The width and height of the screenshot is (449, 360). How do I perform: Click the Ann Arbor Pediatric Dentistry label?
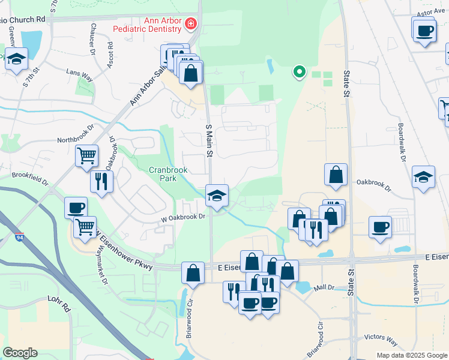pyautogui.click(x=162, y=25)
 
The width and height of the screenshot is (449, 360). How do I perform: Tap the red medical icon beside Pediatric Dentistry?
pyautogui.click(x=191, y=24)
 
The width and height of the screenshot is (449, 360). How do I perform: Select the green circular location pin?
pyautogui.click(x=299, y=72)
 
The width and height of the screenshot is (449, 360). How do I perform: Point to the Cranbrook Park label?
pyautogui.click(x=169, y=174)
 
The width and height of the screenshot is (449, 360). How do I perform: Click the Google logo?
pyautogui.click(x=20, y=353)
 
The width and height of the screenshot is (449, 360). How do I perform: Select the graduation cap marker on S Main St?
pyautogui.click(x=217, y=196)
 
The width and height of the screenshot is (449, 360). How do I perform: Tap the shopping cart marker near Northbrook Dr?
pyautogui.click(x=87, y=156)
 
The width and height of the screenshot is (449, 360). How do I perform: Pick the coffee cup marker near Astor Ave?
pyautogui.click(x=424, y=29)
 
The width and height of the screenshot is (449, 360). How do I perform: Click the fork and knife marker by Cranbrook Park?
pyautogui.click(x=101, y=181)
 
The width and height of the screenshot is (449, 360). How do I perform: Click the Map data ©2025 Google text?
pyautogui.click(x=411, y=355)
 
